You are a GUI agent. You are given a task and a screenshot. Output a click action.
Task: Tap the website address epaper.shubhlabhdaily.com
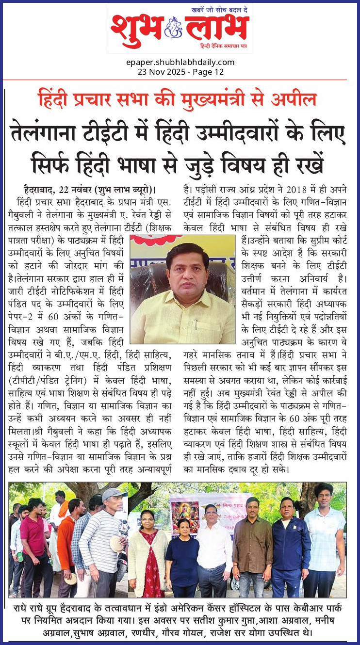coord(180,62)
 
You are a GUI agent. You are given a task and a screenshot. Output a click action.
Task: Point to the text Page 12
coord(208,72)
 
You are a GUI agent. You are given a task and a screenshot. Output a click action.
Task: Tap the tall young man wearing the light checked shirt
coord(324,538)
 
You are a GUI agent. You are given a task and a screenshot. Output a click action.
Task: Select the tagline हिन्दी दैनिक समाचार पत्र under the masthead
coord(224,46)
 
